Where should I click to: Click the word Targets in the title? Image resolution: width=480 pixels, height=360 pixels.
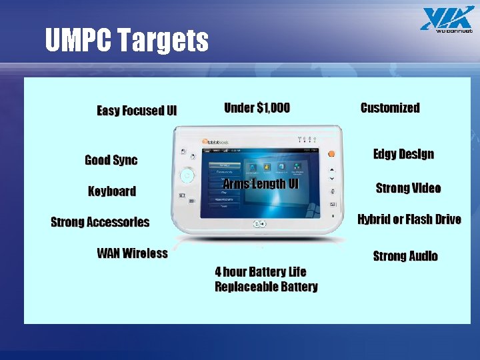point(163,41)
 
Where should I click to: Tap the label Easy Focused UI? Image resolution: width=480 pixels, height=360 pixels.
point(137,111)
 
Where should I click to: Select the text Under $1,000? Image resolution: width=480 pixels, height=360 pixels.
point(257,108)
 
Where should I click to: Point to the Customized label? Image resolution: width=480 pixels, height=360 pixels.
point(390,108)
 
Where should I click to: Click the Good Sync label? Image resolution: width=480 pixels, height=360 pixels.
point(111,160)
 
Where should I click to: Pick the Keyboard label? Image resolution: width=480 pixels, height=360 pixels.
point(112,191)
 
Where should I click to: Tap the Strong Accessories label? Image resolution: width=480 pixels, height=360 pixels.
point(100,222)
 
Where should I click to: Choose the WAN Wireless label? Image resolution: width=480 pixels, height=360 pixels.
point(132,253)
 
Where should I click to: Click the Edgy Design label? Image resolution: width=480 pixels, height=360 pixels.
point(403,154)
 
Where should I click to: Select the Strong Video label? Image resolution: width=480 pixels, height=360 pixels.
point(408,188)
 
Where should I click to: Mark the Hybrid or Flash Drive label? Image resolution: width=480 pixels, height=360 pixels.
point(409,219)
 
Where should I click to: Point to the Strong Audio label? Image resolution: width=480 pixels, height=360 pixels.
point(405,256)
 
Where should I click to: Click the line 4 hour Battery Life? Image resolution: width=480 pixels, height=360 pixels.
point(261,271)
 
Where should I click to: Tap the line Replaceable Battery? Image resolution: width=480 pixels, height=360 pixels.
point(266,287)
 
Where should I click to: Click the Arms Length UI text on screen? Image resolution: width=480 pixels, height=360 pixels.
point(261,183)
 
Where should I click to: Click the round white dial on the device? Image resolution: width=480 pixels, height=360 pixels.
point(188,176)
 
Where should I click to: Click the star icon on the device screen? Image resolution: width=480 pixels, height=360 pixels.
point(267,167)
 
